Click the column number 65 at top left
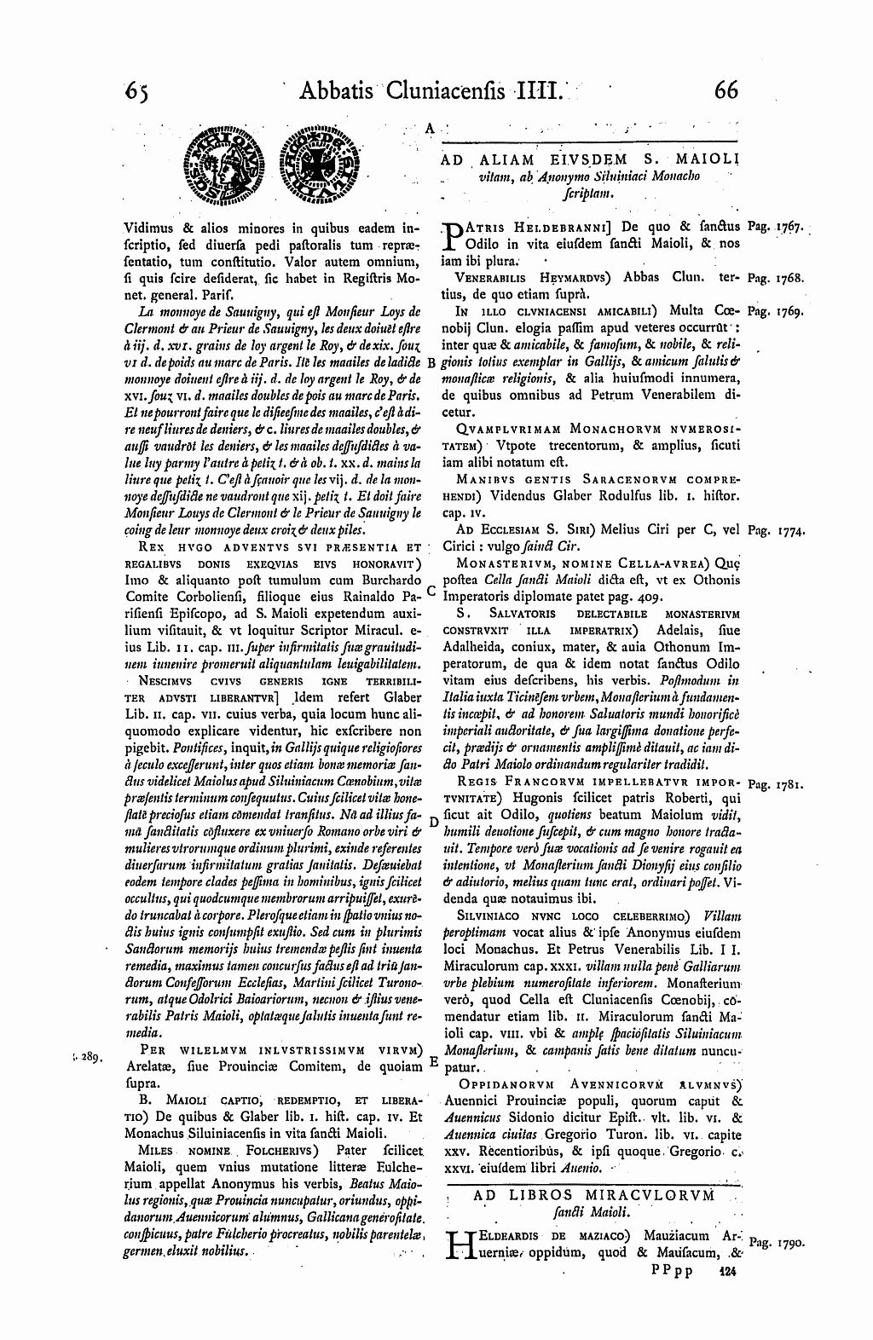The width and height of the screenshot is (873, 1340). click(136, 90)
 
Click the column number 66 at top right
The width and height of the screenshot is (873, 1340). click(726, 90)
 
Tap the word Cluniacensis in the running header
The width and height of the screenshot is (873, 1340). click(448, 90)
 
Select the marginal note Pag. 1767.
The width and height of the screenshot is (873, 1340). click(775, 228)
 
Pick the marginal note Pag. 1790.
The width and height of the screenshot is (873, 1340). click(776, 1244)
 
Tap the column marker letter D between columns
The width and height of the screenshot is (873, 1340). click(432, 823)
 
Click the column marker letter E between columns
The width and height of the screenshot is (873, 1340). click(433, 1062)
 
